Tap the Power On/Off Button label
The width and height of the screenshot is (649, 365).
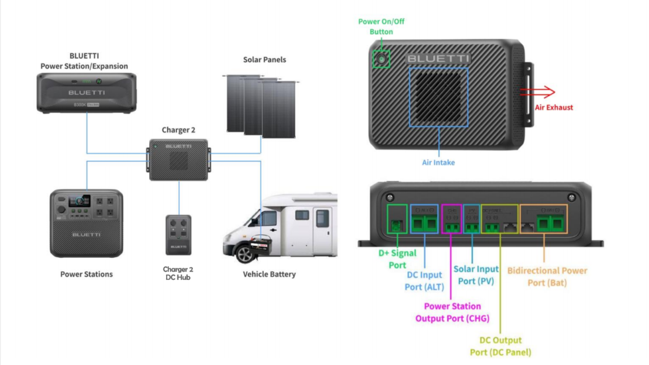381,26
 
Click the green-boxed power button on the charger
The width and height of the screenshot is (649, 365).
381,59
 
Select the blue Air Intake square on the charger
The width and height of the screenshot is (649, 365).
438,97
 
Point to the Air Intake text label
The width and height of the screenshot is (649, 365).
438,163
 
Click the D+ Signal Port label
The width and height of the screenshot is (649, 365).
397,259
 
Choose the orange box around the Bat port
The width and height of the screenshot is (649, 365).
543,219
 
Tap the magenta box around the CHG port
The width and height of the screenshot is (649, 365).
452,219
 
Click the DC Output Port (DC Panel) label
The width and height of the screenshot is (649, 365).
500,346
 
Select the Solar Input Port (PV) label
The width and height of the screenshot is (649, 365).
476,275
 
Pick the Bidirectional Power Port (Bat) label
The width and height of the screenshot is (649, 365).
547,276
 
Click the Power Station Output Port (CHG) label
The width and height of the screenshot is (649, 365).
452,312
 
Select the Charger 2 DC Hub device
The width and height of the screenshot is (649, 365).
178,235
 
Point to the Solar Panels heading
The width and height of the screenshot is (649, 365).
264,60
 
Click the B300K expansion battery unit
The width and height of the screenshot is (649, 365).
87,93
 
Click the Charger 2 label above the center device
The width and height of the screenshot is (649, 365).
178,130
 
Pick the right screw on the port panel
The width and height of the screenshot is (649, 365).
572,197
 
